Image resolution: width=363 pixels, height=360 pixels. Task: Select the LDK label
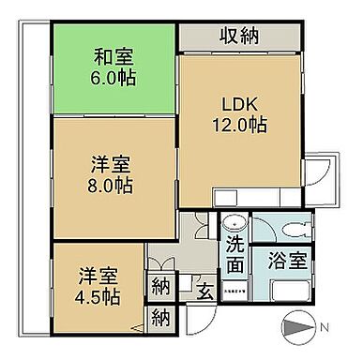coord(238,102)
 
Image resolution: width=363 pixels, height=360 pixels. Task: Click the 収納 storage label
coord(239,37)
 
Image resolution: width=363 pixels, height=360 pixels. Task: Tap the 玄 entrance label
coord(204,291)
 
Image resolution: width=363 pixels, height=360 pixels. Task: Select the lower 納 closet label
coord(159,318)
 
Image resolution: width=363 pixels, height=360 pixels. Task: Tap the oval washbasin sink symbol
coord(235,225)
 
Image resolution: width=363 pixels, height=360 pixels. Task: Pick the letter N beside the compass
coord(324,329)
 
